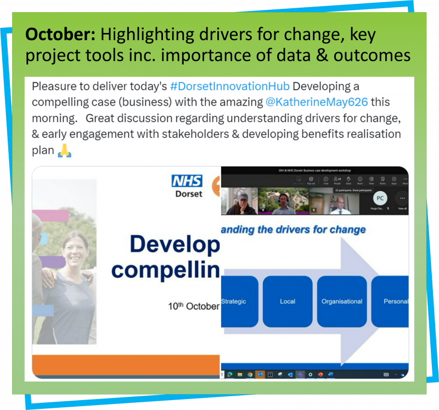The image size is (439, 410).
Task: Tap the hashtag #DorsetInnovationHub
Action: tap(218, 87)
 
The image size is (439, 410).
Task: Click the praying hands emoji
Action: tap(65, 151)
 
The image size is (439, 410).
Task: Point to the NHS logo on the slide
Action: tap(187, 181)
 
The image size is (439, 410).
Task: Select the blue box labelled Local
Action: tap(287, 301)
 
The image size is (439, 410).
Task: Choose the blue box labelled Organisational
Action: tap(341, 301)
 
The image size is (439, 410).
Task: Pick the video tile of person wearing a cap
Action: tap(239, 201)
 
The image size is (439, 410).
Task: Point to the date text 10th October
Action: tap(194, 306)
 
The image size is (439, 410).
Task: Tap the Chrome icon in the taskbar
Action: tap(250, 374)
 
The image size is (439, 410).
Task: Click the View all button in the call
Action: tap(402, 201)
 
